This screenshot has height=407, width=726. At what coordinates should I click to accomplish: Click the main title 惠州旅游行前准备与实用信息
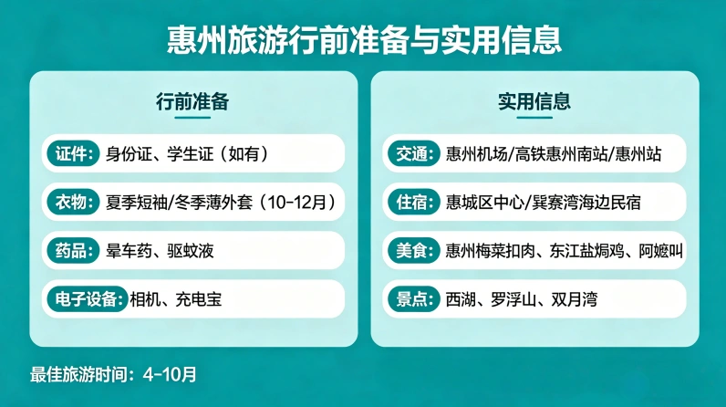(x=363, y=39)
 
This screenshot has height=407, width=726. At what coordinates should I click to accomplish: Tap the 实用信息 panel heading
(x=534, y=101)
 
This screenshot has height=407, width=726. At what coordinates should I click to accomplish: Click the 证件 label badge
(x=72, y=152)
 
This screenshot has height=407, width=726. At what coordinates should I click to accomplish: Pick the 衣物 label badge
(x=72, y=202)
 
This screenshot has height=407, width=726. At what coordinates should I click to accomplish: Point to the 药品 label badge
(x=72, y=250)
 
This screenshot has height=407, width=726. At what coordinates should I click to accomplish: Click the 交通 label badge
(x=412, y=152)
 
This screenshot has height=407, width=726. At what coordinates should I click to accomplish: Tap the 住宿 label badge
(x=412, y=202)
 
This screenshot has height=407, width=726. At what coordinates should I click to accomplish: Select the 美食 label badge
(x=412, y=250)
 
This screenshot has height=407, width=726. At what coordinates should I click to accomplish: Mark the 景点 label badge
(x=412, y=298)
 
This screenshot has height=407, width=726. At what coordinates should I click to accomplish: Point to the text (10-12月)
(x=296, y=202)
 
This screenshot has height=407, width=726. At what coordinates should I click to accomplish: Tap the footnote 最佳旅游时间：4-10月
(x=113, y=374)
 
